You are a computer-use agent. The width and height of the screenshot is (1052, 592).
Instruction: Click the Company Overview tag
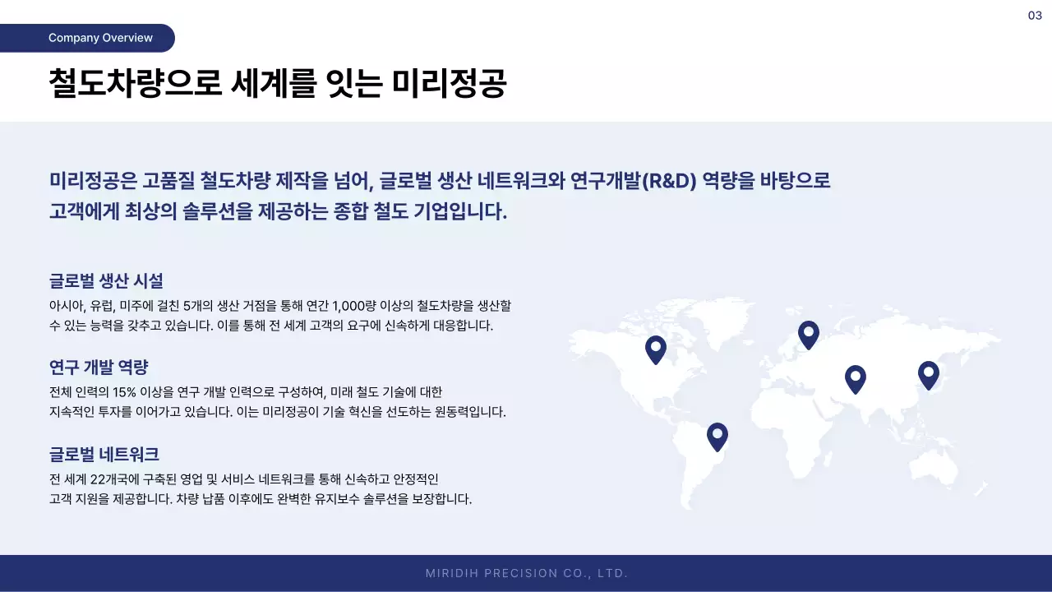[x=100, y=38]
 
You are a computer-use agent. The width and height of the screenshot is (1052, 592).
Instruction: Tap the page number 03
[x=1035, y=16]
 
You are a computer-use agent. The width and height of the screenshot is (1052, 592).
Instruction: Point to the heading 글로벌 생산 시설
[x=106, y=280]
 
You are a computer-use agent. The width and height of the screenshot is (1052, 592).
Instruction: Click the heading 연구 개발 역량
[x=99, y=367]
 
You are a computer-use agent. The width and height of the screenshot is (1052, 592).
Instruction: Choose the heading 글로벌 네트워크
[x=104, y=454]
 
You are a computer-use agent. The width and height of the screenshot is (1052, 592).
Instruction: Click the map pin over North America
[x=655, y=349]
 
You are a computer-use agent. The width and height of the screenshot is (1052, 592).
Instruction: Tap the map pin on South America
[x=717, y=436]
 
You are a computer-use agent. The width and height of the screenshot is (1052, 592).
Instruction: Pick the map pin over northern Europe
[x=809, y=334]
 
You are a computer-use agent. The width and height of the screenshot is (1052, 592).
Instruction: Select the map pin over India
[x=856, y=378]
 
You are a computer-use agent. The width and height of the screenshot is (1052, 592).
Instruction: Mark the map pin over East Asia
[x=928, y=374]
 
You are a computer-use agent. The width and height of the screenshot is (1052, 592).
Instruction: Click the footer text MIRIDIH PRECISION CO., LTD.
[x=527, y=573]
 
